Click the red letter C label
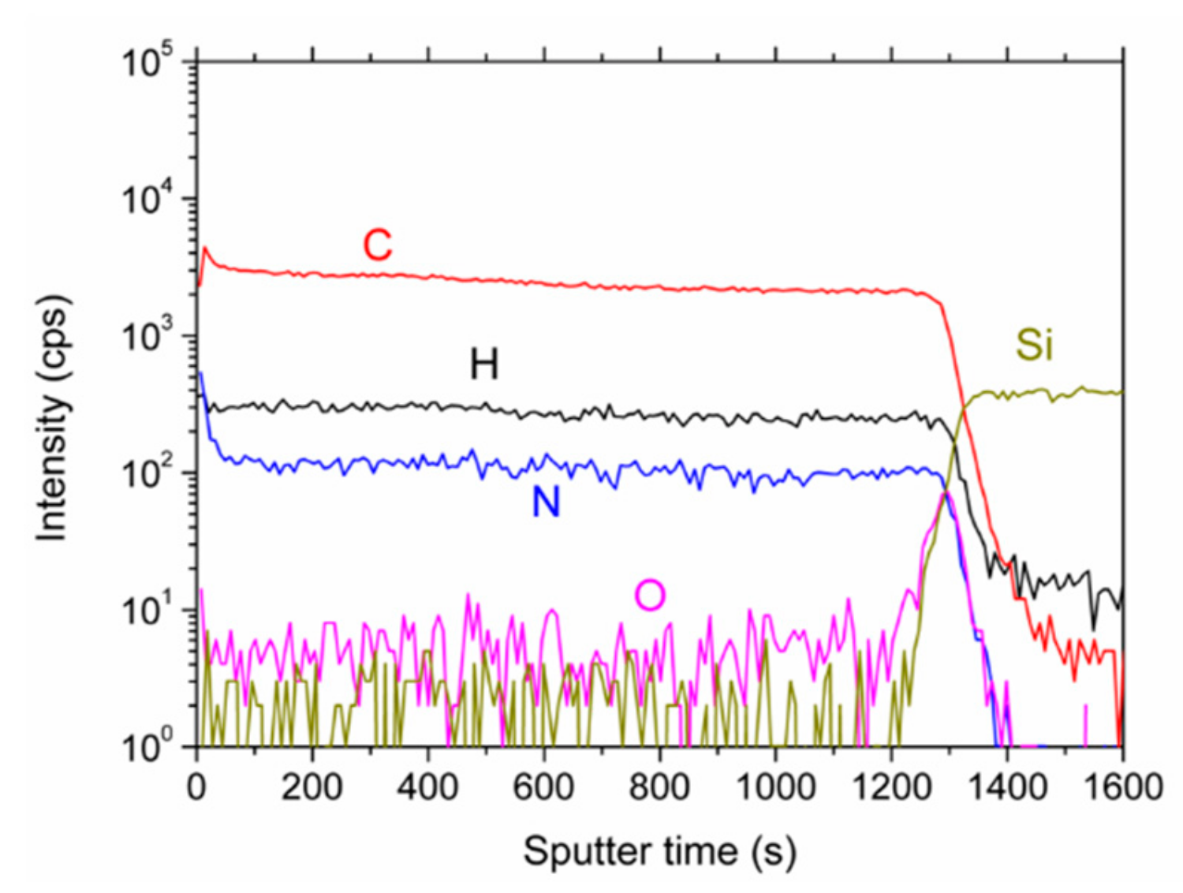point(377,245)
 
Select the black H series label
point(484,364)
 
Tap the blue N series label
point(546,502)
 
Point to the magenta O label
point(650,596)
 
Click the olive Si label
point(1034,345)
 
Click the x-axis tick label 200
point(312,787)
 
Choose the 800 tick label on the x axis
point(659,787)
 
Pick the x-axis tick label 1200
point(891,787)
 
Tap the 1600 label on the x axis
point(1123,787)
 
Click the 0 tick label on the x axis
point(196,787)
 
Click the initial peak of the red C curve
point(205,248)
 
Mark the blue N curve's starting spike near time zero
point(200,374)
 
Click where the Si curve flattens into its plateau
point(978,393)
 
